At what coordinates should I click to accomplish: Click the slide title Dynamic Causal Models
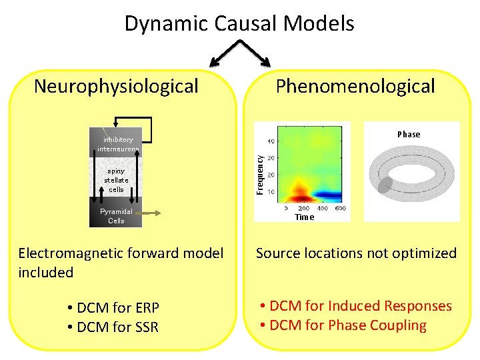coord(239,24)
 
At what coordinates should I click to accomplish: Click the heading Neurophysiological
coord(116,86)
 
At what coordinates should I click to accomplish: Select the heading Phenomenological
coord(355,86)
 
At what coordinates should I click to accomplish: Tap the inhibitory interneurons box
coord(116,143)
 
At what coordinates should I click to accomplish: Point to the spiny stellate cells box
coord(116,180)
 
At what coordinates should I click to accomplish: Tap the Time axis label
coord(304,217)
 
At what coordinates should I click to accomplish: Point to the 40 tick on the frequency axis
coord(271,141)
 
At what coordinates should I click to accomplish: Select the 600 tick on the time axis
coord(340,208)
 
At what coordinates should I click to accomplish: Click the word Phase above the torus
coord(409,134)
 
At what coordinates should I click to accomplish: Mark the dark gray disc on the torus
coord(385,185)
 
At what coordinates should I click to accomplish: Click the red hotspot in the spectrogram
coord(300,195)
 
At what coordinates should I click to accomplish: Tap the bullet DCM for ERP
coord(113,308)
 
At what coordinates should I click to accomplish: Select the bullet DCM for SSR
coord(113,327)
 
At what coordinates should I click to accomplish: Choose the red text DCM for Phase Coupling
coord(343,325)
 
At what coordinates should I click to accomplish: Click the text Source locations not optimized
coord(356,253)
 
